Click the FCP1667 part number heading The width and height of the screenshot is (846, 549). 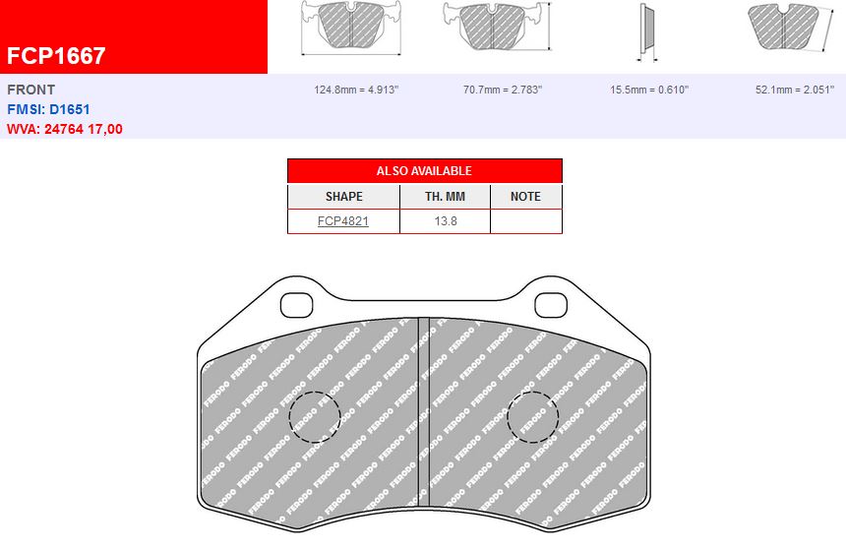pos(56,56)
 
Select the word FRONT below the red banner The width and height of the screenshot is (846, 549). pos(31,90)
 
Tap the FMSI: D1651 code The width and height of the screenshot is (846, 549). pos(49,109)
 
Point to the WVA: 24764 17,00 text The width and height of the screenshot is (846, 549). pos(65,129)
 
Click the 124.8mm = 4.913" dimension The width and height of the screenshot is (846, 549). pos(356,90)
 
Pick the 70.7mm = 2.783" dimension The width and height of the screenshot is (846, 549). pos(503,90)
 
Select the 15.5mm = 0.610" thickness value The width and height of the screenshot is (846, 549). pos(649,90)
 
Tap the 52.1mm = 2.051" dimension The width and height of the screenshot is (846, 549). pos(797,90)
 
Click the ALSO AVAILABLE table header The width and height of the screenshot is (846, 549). pos(424,171)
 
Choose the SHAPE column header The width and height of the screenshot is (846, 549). pos(343,197)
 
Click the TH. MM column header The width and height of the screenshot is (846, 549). pos(445,197)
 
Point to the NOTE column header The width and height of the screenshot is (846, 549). pos(525,197)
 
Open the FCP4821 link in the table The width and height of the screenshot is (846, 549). pos(343,221)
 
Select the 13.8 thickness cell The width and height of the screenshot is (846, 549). pos(445,221)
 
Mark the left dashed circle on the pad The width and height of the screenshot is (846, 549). pos(314,417)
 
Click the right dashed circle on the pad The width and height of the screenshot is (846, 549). pos(532,417)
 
